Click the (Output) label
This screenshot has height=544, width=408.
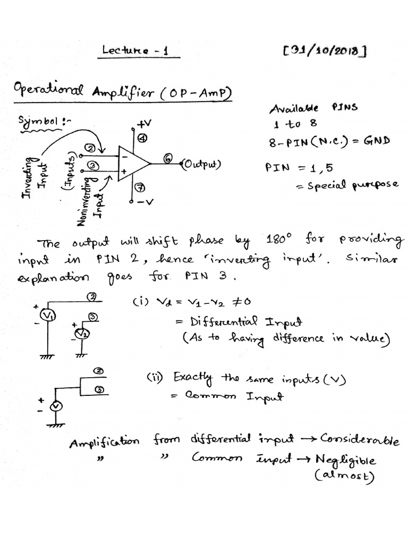[201, 164]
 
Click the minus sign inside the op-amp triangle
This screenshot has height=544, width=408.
[124, 157]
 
